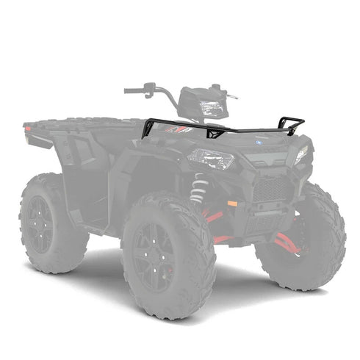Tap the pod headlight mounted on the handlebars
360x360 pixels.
[x=210, y=107]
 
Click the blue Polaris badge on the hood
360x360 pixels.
[x=259, y=143]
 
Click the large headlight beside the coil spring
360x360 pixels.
[x=211, y=159]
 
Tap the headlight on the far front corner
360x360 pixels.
[x=301, y=154]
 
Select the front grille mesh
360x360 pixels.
[x=270, y=188]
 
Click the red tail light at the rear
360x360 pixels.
[x=28, y=129]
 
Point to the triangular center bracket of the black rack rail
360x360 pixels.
[x=215, y=132]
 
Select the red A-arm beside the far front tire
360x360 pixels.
[x=284, y=242]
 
